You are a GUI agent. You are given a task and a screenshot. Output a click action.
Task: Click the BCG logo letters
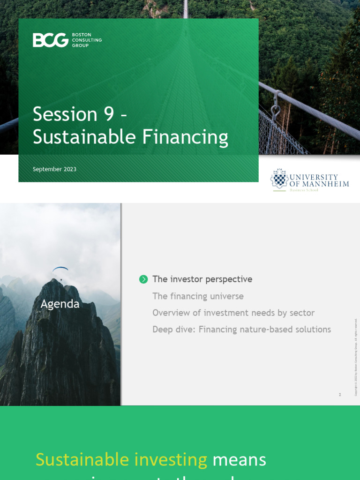coord(50,40)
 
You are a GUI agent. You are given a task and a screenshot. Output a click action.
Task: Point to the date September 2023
coord(54,169)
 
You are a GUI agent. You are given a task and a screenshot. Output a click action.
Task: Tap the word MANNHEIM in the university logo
coord(326,184)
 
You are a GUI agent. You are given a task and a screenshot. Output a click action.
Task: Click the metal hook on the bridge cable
coord(276,110)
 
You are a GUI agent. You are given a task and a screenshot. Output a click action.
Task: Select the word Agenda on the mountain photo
coord(60,304)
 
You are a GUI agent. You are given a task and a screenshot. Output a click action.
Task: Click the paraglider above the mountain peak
coord(60,270)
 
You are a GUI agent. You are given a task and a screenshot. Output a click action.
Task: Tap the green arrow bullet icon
coord(143,279)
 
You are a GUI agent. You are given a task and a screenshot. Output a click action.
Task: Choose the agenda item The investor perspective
coord(202,279)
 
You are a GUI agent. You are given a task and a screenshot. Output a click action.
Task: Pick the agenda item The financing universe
coord(198,296)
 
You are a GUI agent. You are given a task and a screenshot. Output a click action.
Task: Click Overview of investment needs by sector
coord(233,313)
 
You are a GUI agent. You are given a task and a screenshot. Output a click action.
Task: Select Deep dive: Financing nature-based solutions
coord(241,330)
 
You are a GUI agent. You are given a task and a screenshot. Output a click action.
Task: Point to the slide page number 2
coord(340,395)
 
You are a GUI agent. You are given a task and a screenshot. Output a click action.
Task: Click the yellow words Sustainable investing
coord(121,459)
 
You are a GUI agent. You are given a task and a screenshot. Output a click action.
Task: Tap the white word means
coord(240,459)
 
